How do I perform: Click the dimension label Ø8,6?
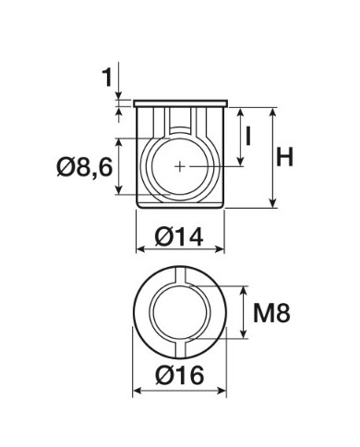[x=84, y=167]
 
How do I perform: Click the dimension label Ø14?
[x=179, y=236]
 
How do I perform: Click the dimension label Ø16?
[x=180, y=375]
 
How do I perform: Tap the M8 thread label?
[x=271, y=313]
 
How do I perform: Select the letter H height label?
[x=284, y=157]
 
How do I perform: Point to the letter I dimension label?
[x=248, y=137]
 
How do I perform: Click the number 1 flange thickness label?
[x=107, y=77]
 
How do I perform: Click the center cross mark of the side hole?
[x=180, y=166]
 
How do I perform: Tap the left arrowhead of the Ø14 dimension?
[x=140, y=249]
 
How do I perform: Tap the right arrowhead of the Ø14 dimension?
[x=221, y=249]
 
